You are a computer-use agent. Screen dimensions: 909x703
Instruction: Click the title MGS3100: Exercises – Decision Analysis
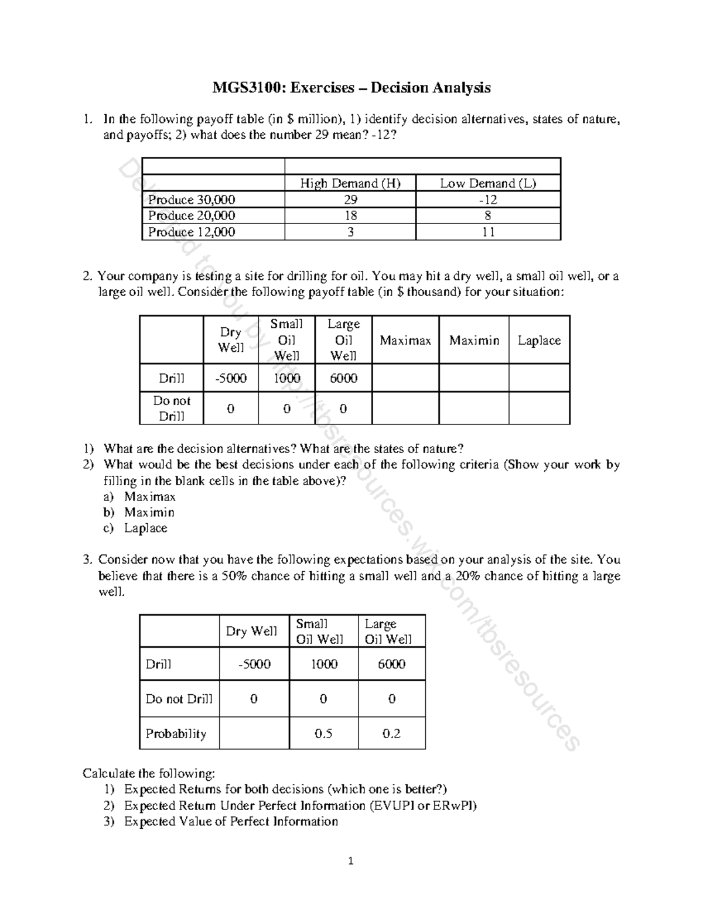click(351, 88)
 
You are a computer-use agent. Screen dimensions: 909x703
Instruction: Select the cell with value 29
click(350, 200)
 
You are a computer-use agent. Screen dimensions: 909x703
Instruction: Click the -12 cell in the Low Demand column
click(488, 200)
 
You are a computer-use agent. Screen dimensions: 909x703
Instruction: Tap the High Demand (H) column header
click(350, 183)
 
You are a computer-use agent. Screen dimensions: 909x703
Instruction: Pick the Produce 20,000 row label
click(192, 215)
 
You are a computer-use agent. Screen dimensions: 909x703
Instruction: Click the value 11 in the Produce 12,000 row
click(488, 232)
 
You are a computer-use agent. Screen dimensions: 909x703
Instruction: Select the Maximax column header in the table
click(405, 340)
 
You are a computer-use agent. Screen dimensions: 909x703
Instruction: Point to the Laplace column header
click(539, 340)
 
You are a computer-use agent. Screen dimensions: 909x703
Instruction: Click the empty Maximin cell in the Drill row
click(474, 378)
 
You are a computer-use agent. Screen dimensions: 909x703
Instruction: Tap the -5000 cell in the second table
click(231, 378)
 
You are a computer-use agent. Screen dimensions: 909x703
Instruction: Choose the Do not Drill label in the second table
click(172, 408)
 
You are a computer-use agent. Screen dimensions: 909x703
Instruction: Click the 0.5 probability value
click(323, 733)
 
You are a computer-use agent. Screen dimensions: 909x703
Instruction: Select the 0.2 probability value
click(391, 733)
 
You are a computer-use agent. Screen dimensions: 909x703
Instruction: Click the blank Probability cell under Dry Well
click(254, 733)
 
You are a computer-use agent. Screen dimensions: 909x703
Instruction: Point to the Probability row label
click(176, 733)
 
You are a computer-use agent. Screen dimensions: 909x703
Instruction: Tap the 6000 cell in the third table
click(391, 664)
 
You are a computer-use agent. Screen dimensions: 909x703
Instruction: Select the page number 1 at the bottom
click(351, 861)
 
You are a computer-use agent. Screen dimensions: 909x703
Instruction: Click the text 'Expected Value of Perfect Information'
click(231, 821)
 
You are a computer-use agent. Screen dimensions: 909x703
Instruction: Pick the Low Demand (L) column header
click(488, 183)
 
